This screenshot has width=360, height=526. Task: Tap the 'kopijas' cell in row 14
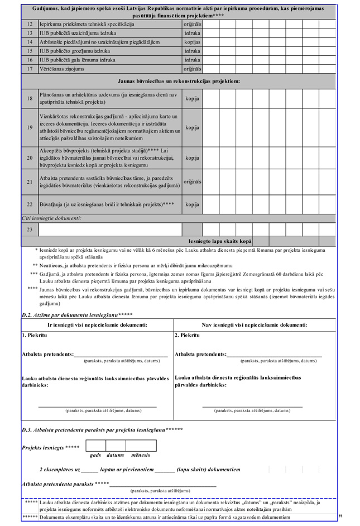pyautogui.click(x=192, y=42)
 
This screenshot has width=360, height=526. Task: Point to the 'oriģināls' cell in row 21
pyautogui.click(x=192, y=181)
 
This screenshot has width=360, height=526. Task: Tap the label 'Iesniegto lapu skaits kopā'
pyautogui.click(x=220, y=241)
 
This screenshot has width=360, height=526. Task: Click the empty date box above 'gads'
pyautogui.click(x=95, y=446)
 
